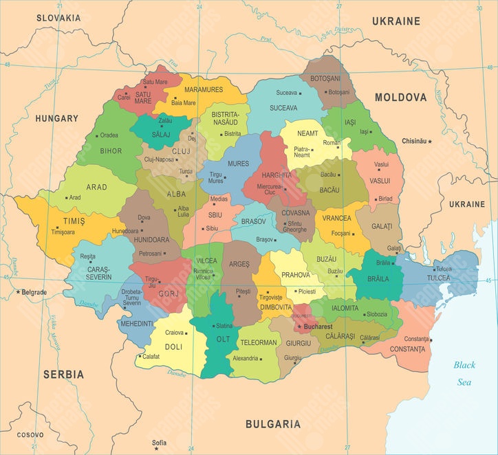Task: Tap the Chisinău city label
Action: coord(413,142)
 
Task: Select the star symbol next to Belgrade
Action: coord(19,292)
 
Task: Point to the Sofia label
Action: coord(159,442)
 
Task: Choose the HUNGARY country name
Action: coord(57,118)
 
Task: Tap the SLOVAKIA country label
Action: coord(58,17)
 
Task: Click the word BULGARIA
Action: coord(273,424)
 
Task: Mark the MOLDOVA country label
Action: coord(400,98)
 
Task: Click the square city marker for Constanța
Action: coord(431,339)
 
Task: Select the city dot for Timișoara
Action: coord(47,232)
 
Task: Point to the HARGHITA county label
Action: coord(277,175)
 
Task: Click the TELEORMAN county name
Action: coord(258,342)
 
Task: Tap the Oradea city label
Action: coord(109,135)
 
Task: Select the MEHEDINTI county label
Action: coord(137,323)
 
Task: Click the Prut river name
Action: coord(266,40)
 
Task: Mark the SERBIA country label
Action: coord(63,375)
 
